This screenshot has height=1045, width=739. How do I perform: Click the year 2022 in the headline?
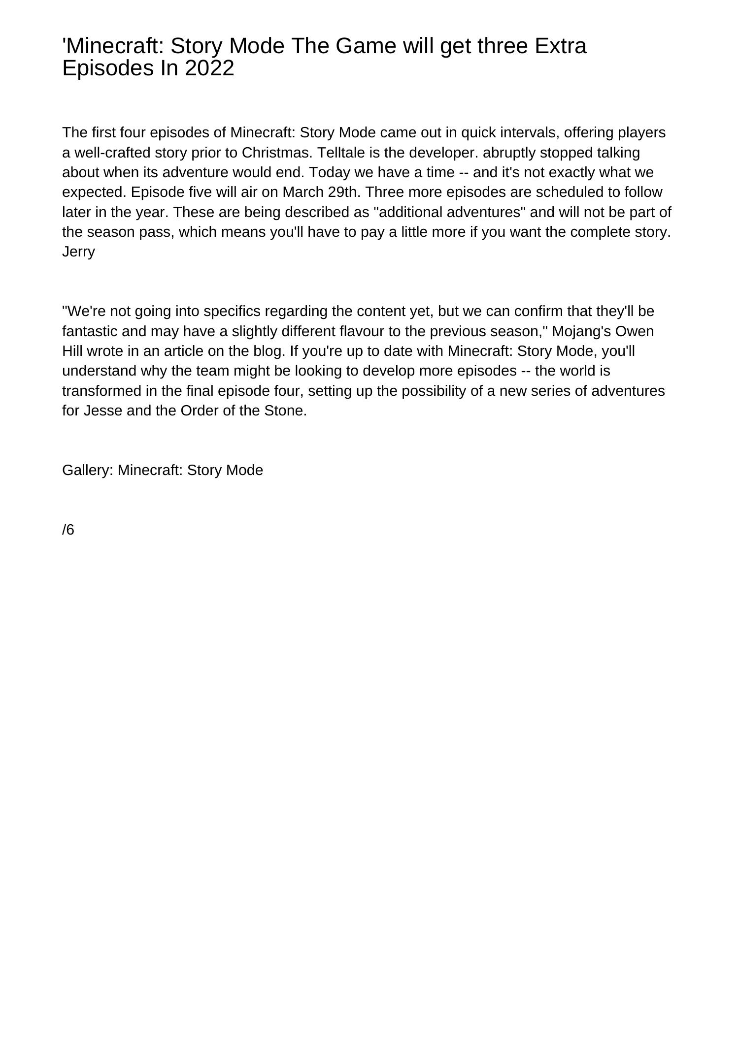(x=209, y=68)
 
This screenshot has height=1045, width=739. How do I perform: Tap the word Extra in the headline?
(x=560, y=46)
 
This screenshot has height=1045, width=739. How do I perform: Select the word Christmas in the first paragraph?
(x=276, y=153)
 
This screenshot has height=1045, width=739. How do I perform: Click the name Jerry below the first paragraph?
(x=78, y=252)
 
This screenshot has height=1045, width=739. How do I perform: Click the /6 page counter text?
(x=68, y=530)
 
